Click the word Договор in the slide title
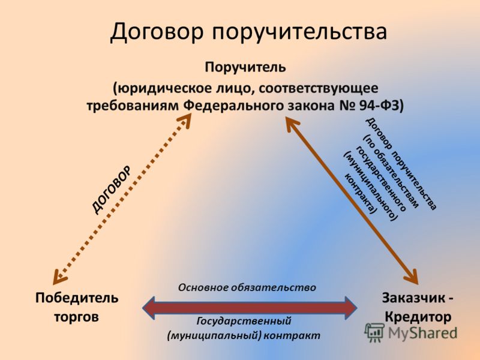point(157,31)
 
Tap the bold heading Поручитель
point(245,67)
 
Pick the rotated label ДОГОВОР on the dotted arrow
point(112,190)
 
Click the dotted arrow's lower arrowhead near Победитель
point(59,277)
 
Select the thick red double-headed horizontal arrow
point(250,308)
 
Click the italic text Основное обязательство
point(247,287)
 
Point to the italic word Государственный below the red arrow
point(244,321)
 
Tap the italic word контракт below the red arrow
point(292,335)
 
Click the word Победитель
point(77,298)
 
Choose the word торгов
point(77,317)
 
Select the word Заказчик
point(414,298)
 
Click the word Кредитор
point(418,317)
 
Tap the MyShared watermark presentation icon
point(374,332)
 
